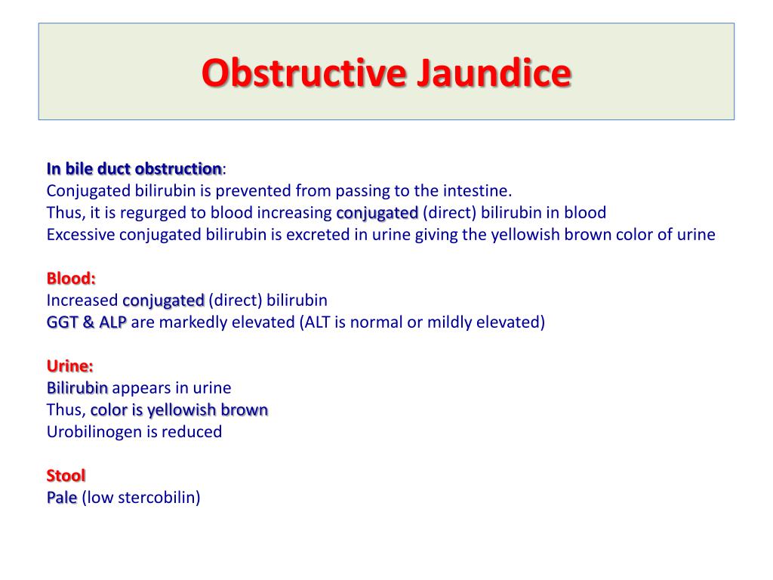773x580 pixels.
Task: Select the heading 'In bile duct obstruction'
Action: tap(134, 168)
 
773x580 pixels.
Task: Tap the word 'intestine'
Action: tap(477, 190)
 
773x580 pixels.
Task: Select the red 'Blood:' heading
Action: tap(71, 278)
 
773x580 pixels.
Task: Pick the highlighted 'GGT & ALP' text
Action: tap(87, 322)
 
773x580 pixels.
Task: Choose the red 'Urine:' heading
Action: tap(70, 366)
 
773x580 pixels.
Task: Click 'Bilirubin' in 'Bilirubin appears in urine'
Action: tap(77, 388)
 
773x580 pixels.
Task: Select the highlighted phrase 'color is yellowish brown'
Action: tap(179, 410)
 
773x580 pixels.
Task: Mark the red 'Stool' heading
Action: tap(66, 476)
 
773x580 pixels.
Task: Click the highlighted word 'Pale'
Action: tap(62, 498)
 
